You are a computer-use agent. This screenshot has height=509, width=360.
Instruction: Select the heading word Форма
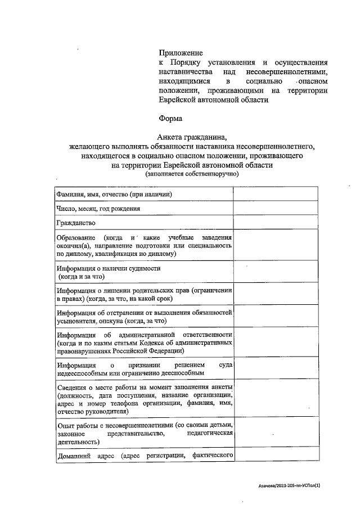point(171,119)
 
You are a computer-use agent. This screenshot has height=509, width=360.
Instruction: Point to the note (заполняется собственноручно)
point(192,174)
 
